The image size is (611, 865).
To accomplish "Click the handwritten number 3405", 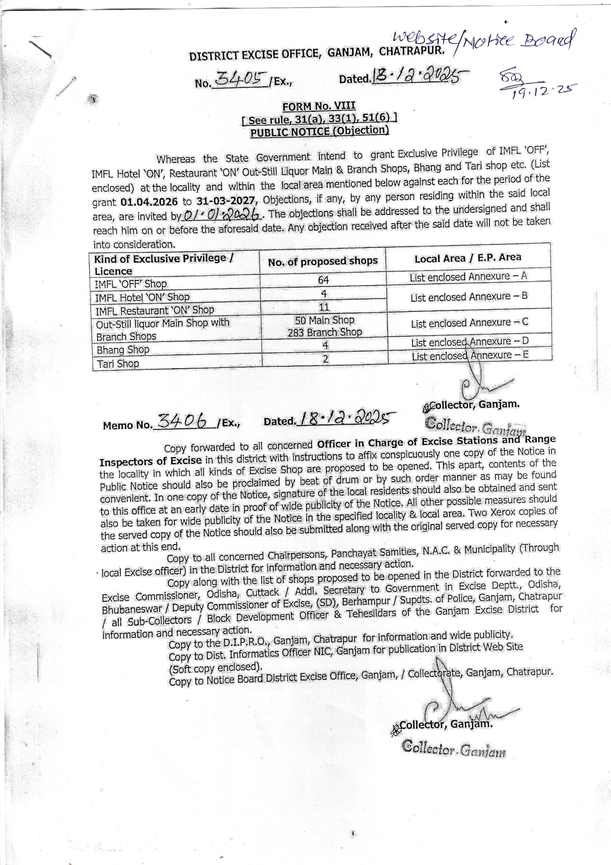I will (241, 80).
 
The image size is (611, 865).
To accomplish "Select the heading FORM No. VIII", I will (319, 106).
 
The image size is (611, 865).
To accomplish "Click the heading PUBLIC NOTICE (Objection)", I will (319, 131).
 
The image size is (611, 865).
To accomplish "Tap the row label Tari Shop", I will (118, 364).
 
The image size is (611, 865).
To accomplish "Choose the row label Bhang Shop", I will (123, 350).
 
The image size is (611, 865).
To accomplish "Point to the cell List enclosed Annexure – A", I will (468, 277).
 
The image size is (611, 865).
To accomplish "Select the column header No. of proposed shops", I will (323, 261).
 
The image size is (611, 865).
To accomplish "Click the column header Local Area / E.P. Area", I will (468, 258).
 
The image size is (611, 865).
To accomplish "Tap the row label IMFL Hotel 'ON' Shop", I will (142, 297).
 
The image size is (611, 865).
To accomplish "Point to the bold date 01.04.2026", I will (149, 202).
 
